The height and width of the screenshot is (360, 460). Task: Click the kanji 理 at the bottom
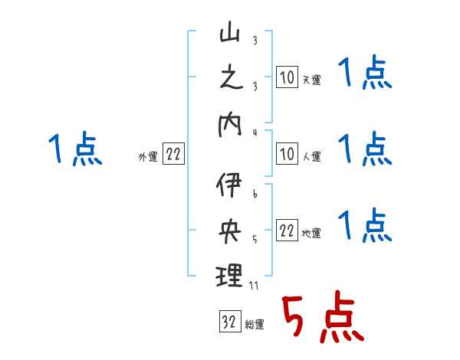pos(229,275)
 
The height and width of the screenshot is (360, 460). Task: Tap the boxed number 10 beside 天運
pos(286,77)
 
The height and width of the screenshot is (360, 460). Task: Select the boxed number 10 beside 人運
pos(286,155)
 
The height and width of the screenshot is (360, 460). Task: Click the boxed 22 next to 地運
pos(286,231)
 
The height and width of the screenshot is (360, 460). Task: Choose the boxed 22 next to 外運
pos(173,155)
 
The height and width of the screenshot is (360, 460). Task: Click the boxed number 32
pos(228,322)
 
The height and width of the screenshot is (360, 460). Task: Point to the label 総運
pos(255,325)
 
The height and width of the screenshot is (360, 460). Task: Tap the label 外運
pos(147,157)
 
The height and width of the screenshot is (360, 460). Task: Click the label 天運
pos(311,80)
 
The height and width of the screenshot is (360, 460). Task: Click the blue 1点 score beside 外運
pos(74,149)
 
